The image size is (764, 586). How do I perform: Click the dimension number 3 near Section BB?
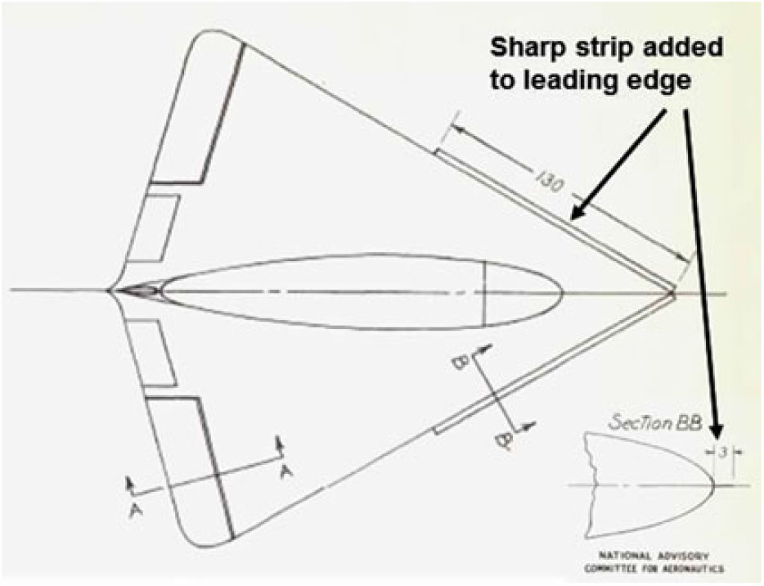point(724,451)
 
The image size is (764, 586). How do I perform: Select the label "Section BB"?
point(654,422)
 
